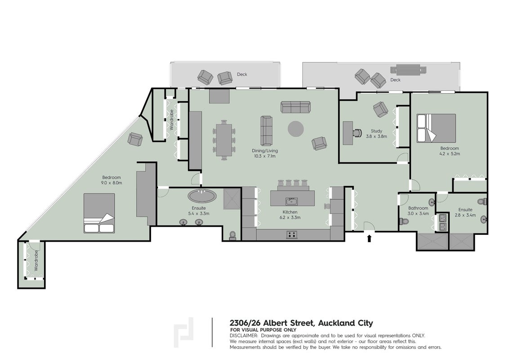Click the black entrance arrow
369,239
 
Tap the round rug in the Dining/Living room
296,129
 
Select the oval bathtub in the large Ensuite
202,196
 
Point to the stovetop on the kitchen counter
292,234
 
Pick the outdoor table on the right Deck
408,70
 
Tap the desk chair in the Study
357,133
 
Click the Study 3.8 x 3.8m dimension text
376,136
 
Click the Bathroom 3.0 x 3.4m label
419,211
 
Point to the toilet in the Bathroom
404,221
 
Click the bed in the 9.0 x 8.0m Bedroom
99,213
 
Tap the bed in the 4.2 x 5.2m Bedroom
436,127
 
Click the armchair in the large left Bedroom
135,139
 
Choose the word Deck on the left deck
242,74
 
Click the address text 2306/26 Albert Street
272,323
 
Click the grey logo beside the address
184,332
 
